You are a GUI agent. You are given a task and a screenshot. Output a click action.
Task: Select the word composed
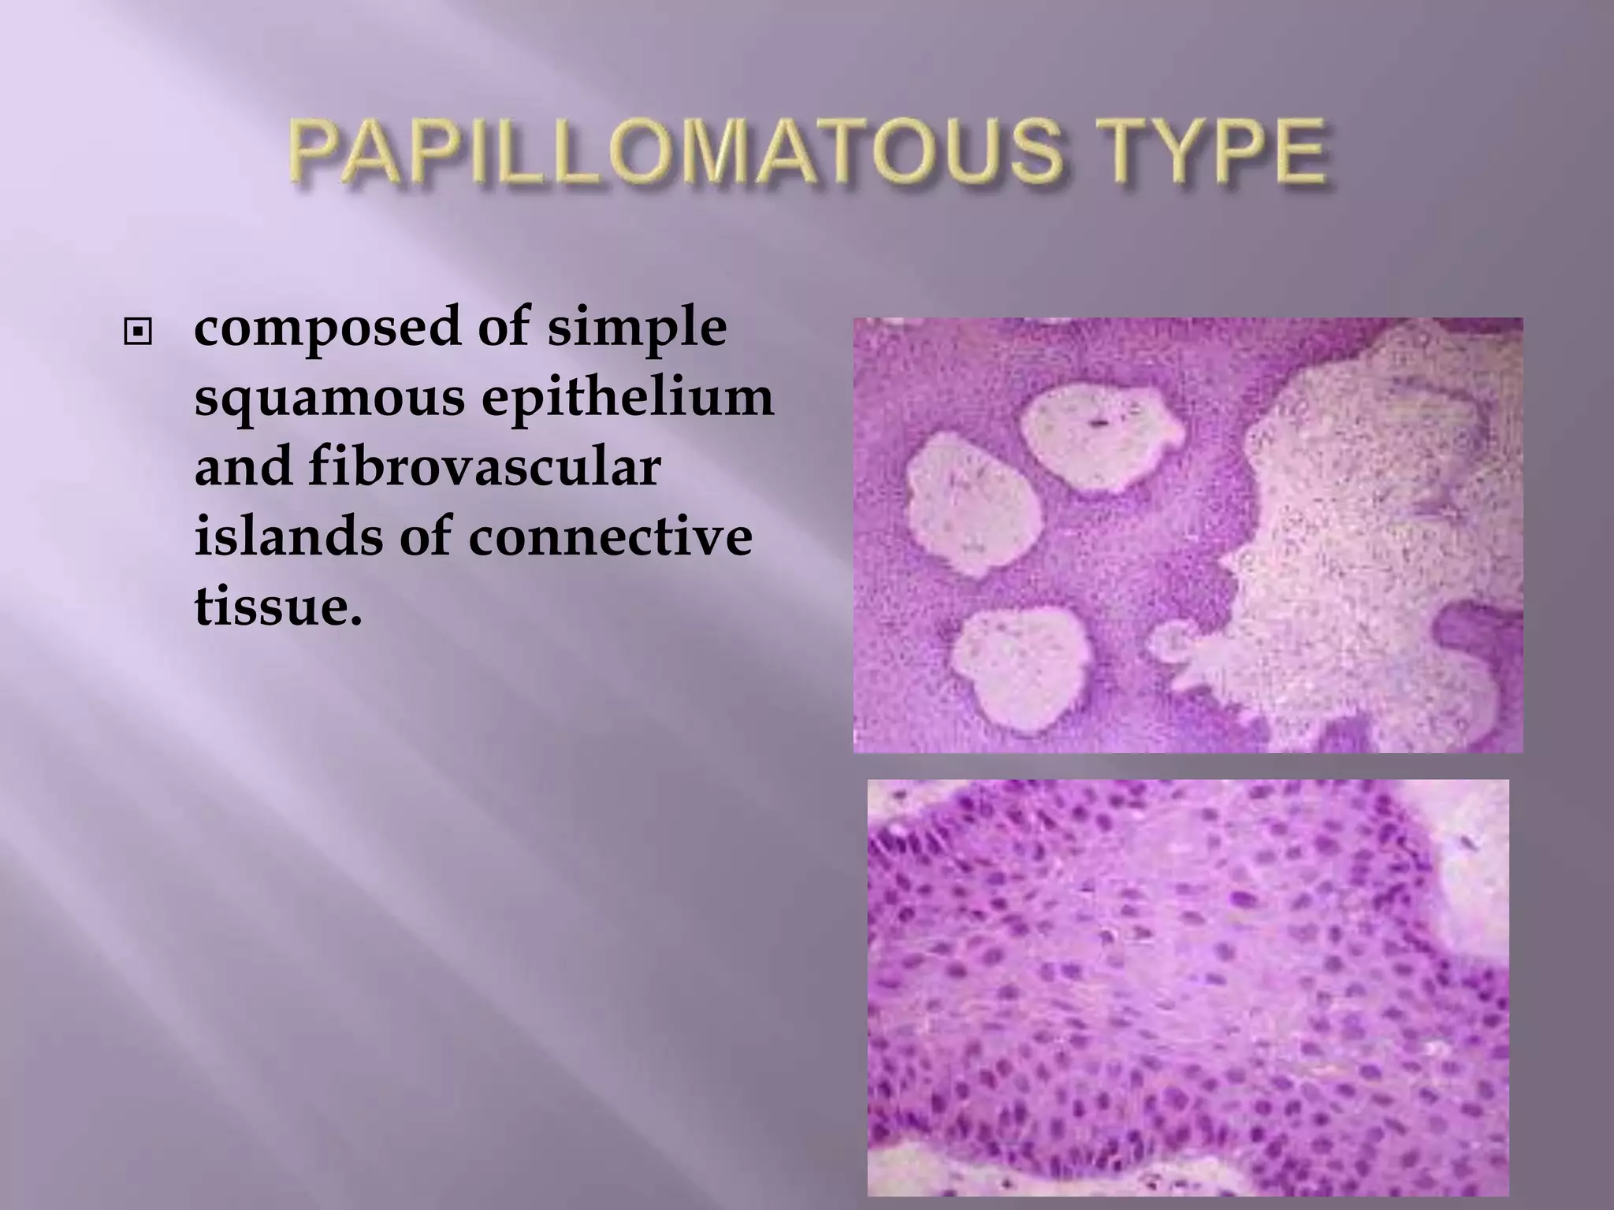click(x=326, y=329)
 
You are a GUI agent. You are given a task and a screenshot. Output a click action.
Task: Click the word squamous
click(x=329, y=399)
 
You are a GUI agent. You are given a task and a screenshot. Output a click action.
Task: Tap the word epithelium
click(x=627, y=397)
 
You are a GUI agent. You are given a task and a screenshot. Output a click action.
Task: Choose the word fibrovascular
click(x=482, y=467)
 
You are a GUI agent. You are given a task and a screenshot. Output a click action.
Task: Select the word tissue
click(x=277, y=607)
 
